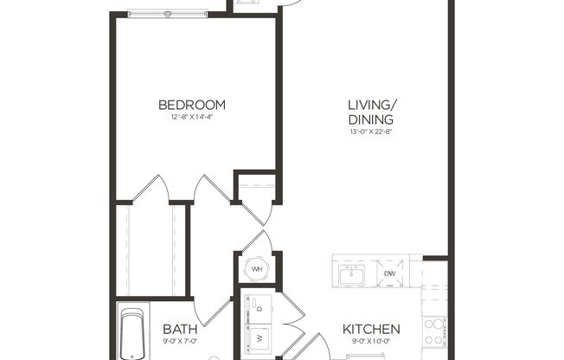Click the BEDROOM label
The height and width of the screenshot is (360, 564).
click(x=191, y=106)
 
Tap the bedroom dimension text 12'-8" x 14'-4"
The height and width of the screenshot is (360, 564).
click(x=191, y=118)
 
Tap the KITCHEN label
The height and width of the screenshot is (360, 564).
click(x=371, y=330)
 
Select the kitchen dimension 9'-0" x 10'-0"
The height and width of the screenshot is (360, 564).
click(x=371, y=342)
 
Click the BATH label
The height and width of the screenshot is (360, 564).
click(x=180, y=330)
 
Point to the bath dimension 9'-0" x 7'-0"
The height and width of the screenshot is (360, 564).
click(x=180, y=342)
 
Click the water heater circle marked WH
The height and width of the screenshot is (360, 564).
click(x=257, y=269)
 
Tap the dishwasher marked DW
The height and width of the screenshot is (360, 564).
click(x=389, y=273)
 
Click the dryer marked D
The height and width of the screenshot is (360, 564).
click(x=260, y=305)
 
